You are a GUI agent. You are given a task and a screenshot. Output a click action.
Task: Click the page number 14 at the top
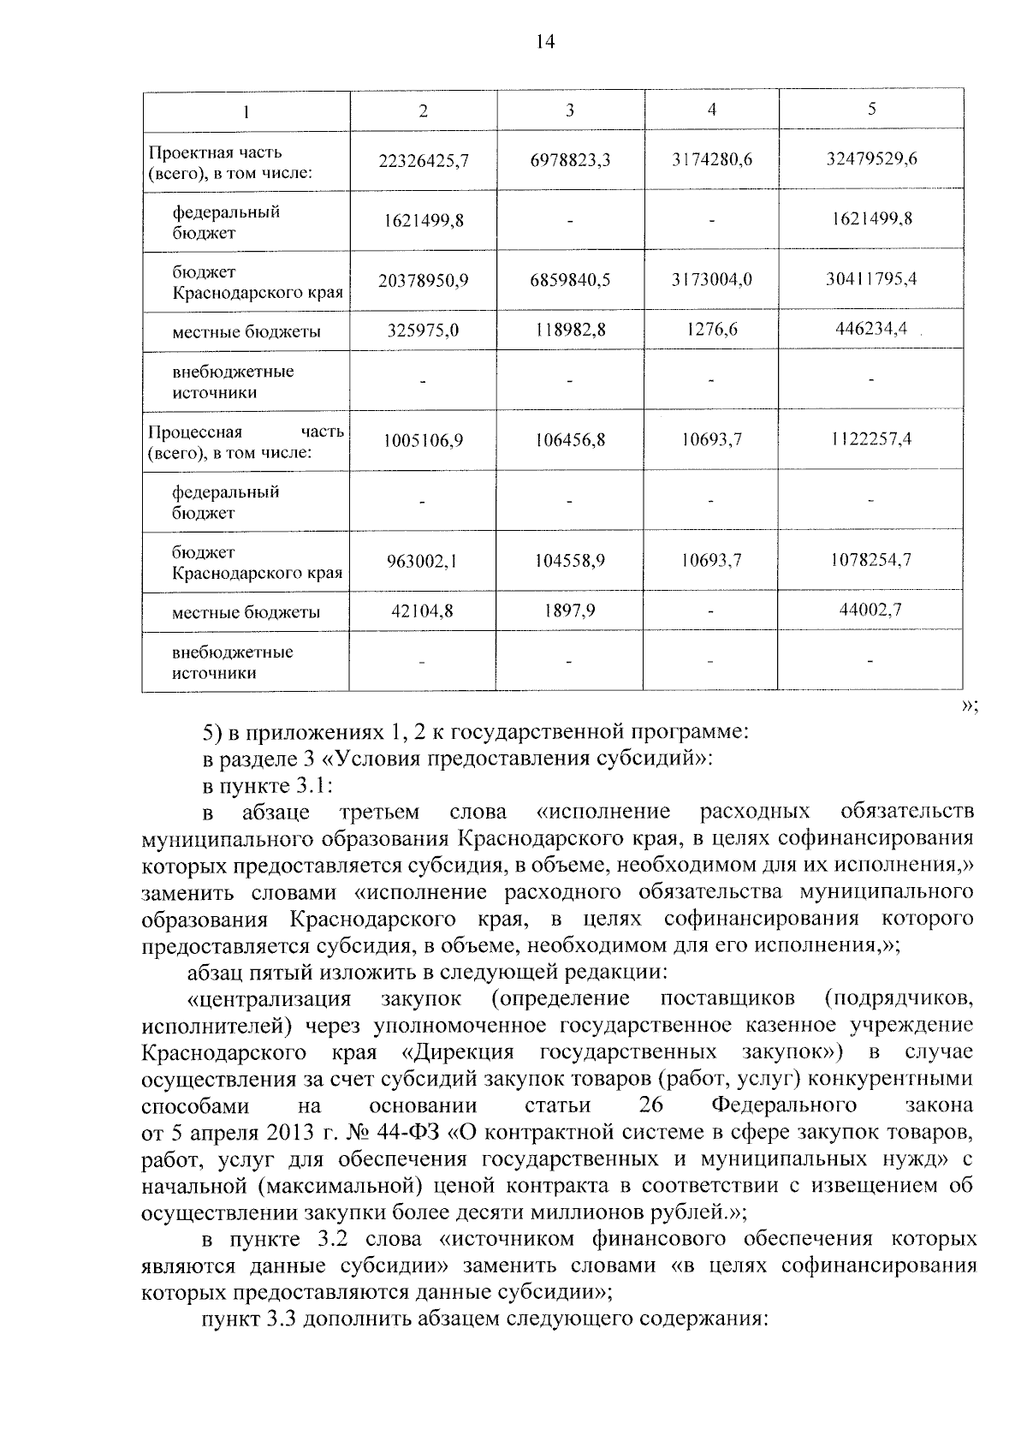[545, 42]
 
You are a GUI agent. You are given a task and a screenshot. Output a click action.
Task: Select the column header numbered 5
[871, 109]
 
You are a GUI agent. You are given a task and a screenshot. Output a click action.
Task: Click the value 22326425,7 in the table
[424, 160]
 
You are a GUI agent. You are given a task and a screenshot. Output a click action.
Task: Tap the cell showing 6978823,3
[570, 160]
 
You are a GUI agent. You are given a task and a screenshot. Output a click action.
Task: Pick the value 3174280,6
[711, 159]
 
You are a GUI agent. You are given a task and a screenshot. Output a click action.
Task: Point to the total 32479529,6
[871, 158]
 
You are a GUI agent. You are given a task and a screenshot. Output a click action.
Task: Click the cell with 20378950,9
[424, 280]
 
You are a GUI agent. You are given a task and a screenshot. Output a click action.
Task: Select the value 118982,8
[570, 330]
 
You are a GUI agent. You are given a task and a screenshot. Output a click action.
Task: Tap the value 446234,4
[871, 328]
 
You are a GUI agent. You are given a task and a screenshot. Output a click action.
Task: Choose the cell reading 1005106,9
[424, 441]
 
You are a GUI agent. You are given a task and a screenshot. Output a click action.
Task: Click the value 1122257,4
[871, 439]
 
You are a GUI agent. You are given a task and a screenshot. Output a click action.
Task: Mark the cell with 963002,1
[424, 562]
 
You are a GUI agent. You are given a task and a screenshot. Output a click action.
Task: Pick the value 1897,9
[570, 611]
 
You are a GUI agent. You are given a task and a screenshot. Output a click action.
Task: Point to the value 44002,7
[871, 610]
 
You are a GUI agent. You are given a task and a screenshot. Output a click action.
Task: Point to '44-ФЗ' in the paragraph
[409, 1132]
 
